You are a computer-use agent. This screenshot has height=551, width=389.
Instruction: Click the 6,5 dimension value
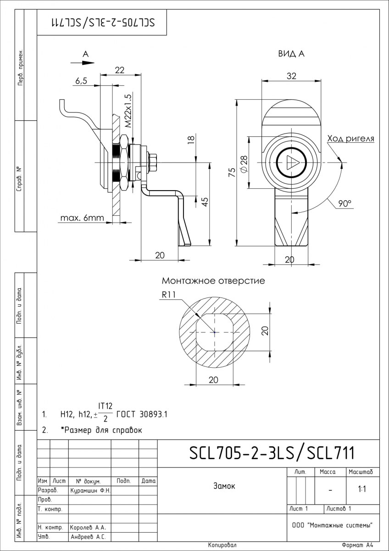click(81, 81)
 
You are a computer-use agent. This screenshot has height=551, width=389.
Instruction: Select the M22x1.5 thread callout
click(128, 111)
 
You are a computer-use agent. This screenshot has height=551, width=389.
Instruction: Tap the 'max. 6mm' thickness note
click(82, 218)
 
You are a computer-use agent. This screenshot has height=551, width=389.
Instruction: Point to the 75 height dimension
click(232, 172)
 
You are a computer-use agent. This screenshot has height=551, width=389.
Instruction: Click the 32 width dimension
click(291, 76)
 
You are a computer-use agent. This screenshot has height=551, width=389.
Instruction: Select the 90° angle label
click(345, 203)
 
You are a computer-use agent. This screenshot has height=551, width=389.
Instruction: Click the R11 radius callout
click(169, 294)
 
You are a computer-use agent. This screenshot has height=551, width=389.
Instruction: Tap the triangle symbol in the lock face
click(292, 163)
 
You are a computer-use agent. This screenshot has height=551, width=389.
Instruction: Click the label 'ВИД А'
click(291, 54)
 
